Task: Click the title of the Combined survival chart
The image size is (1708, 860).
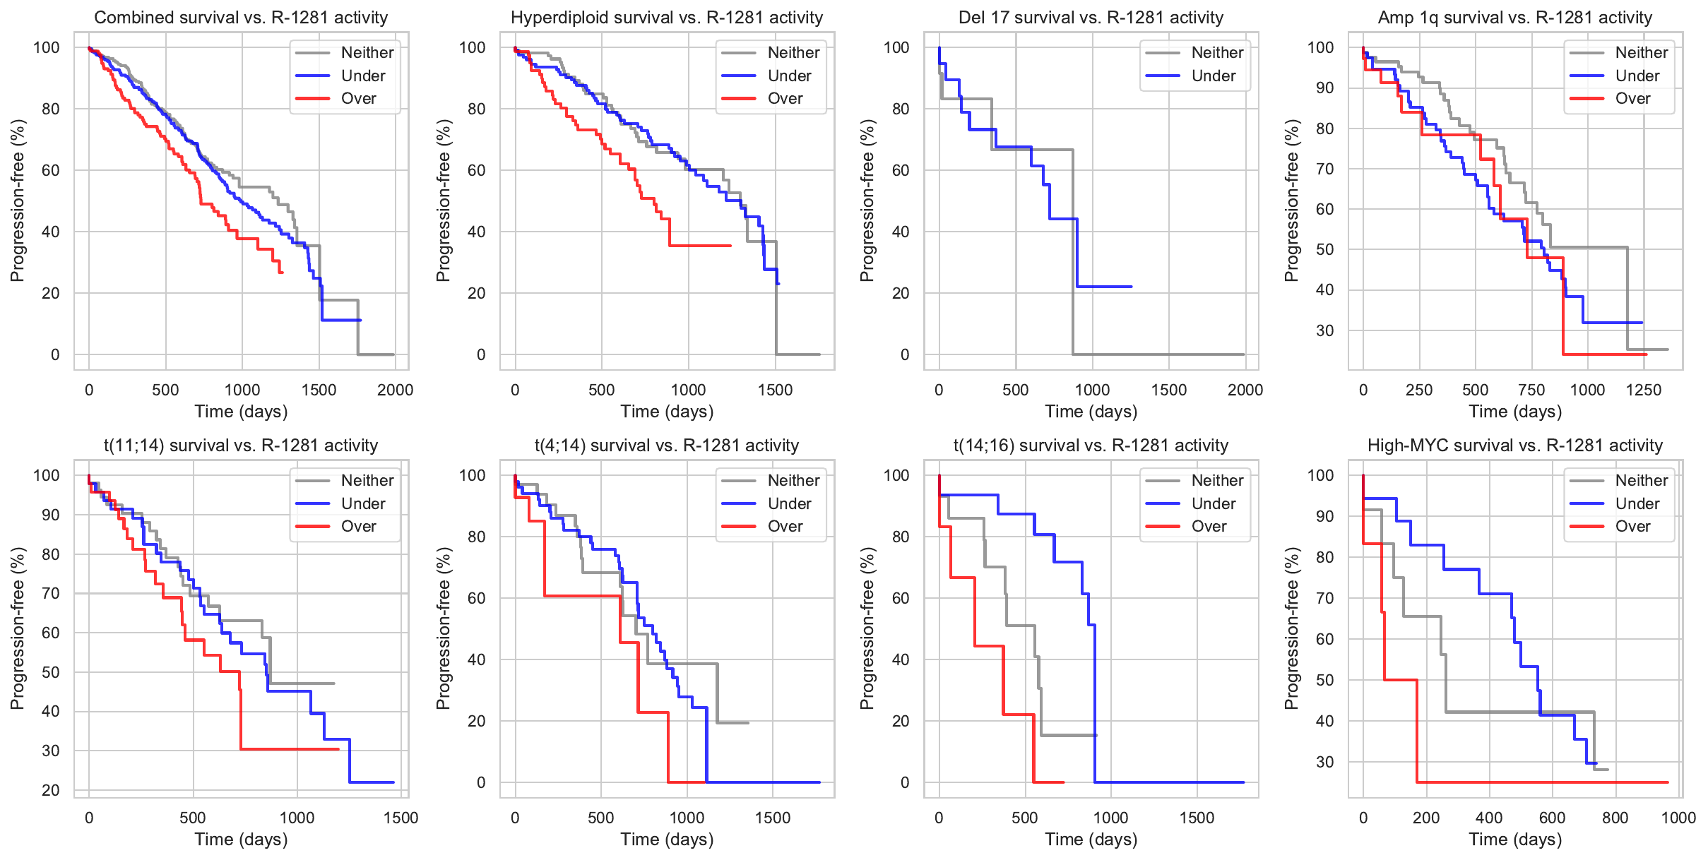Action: pos(241,18)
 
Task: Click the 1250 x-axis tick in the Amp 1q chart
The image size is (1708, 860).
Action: pos(1643,390)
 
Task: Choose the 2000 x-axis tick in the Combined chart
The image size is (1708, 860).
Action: pos(395,390)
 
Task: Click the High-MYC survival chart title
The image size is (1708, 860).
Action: pos(1514,446)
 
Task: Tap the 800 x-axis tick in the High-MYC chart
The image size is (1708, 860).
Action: pos(1615,818)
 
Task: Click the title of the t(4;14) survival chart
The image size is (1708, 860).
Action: pos(666,446)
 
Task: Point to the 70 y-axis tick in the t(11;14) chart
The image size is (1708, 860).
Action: pos(50,593)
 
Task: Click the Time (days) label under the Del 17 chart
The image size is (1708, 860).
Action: pos(1091,412)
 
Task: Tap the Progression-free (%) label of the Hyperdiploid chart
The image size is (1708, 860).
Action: pos(443,201)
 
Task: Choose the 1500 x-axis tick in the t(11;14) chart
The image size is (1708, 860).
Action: pos(401,818)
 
